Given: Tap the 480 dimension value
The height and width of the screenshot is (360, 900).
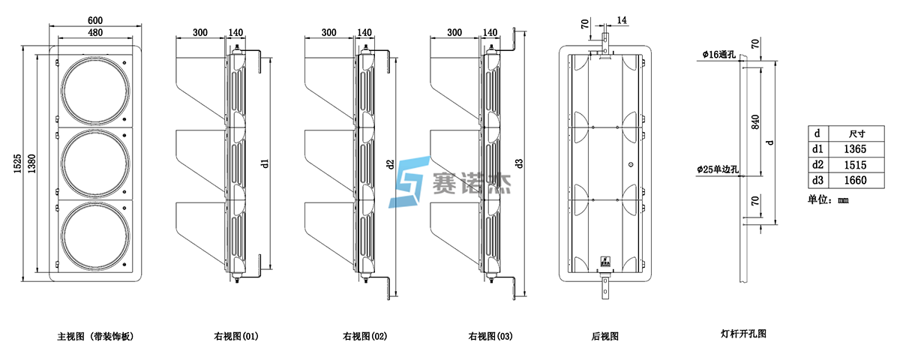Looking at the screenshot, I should coord(95,33).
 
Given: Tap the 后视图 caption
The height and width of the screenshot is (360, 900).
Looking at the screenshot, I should coord(604,337).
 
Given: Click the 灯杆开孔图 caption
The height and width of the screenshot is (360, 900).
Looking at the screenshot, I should coord(742,334).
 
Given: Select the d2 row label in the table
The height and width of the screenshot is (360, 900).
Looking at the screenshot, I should coord(817,166).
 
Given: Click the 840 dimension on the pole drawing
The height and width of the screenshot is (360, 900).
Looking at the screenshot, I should coord(755,121).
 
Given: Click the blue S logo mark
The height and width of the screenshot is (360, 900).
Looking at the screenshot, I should coord(408,181).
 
